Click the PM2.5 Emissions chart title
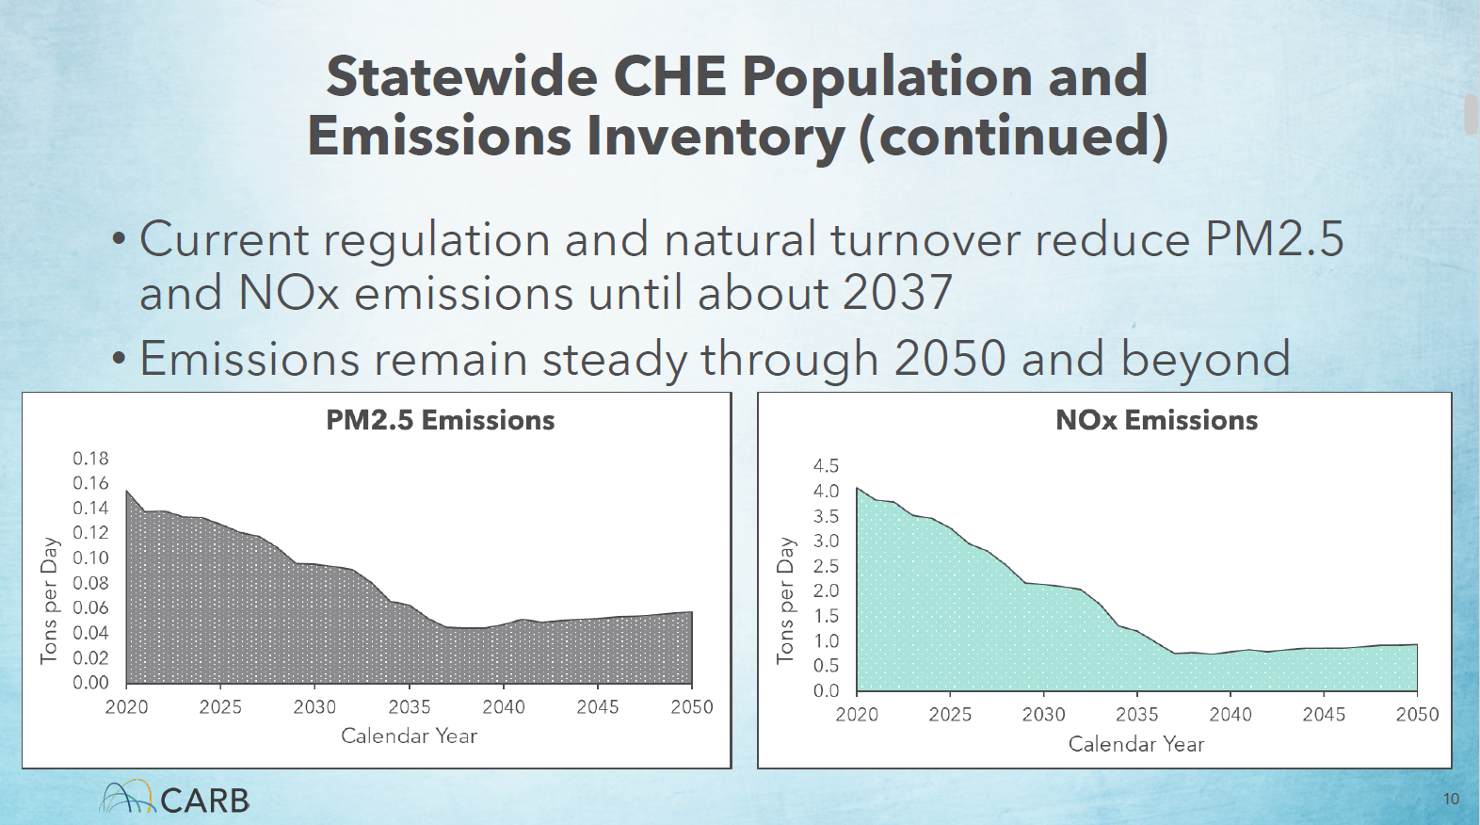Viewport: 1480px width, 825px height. [440, 420]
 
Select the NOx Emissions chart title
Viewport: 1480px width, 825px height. [1156, 420]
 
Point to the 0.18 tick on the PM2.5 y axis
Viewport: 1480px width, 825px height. [90, 459]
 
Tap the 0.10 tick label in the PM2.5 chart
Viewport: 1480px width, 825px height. [90, 558]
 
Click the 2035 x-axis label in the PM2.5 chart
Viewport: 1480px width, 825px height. [409, 707]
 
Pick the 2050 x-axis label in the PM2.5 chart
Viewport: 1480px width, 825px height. [692, 707]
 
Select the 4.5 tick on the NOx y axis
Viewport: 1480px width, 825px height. [826, 466]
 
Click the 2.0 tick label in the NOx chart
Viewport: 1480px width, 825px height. [826, 590]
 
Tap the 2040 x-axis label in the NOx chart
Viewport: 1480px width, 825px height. [1231, 715]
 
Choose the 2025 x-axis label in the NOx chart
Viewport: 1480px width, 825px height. [950, 715]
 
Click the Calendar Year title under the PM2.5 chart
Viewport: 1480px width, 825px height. [409, 736]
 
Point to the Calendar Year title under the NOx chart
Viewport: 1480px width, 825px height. [1136, 744]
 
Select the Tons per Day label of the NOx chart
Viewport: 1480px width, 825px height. [785, 600]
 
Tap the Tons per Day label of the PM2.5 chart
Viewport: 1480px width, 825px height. [50, 600]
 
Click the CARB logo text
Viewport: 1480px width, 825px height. [204, 801]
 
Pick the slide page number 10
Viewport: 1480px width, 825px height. [1451, 800]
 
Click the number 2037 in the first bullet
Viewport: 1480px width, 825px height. [897, 293]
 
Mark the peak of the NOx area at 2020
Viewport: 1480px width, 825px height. [858, 489]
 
